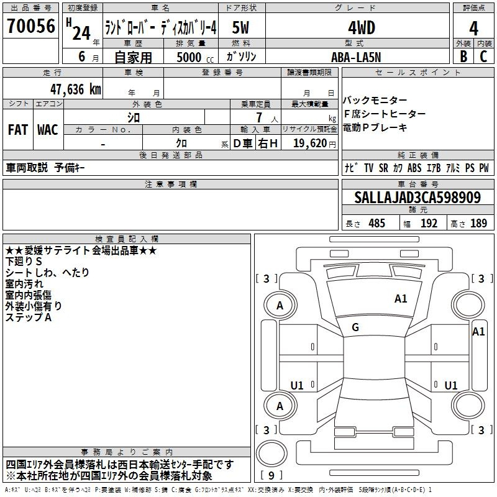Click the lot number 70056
coord(31,25)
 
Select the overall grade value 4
coord(473,29)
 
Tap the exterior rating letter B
coord(463,57)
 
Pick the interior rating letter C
coord(483,57)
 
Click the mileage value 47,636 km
coord(75,89)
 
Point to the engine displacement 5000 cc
coord(195,57)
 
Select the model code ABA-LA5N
coord(356,57)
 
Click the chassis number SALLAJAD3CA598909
coord(417,197)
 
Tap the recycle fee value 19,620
coord(310,143)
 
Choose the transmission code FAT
coord(18,130)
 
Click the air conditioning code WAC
coord(48,130)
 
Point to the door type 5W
coord(240,27)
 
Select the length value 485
coord(376,223)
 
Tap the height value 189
coord(478,223)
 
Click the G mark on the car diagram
coord(355,327)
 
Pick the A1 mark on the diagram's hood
coord(401,299)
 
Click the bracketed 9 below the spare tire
coord(271,475)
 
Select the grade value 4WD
coord(362,28)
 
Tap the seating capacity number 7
coord(259,117)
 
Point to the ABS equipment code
coord(414,168)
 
